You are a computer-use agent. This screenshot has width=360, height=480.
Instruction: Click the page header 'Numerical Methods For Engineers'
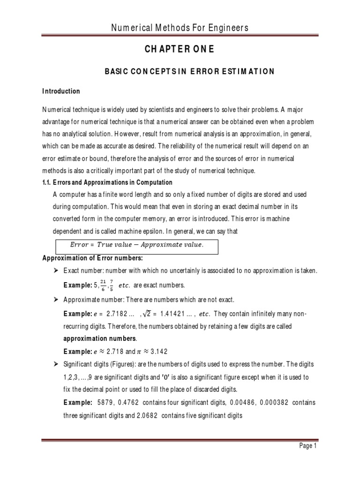pyautogui.click(x=180, y=29)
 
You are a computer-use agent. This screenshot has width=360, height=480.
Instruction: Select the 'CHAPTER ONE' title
pyautogui.click(x=180, y=50)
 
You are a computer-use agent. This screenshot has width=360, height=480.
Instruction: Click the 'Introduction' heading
pyautogui.click(x=61, y=91)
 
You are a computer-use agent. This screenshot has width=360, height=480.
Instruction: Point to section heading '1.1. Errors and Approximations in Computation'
pyautogui.click(x=107, y=182)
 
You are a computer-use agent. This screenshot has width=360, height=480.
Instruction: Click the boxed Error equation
pyautogui.click(x=137, y=244)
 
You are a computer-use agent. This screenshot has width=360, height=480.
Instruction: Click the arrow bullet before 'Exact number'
pyautogui.click(x=56, y=270)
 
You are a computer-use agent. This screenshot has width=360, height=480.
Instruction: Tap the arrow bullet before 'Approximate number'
pyautogui.click(x=56, y=299)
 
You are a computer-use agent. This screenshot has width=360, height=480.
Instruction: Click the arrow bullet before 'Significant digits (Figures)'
pyautogui.click(x=56, y=364)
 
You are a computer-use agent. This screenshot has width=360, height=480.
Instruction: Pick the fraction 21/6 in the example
pyautogui.click(x=103, y=285)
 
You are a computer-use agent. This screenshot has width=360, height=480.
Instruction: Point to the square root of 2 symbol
pyautogui.click(x=150, y=312)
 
